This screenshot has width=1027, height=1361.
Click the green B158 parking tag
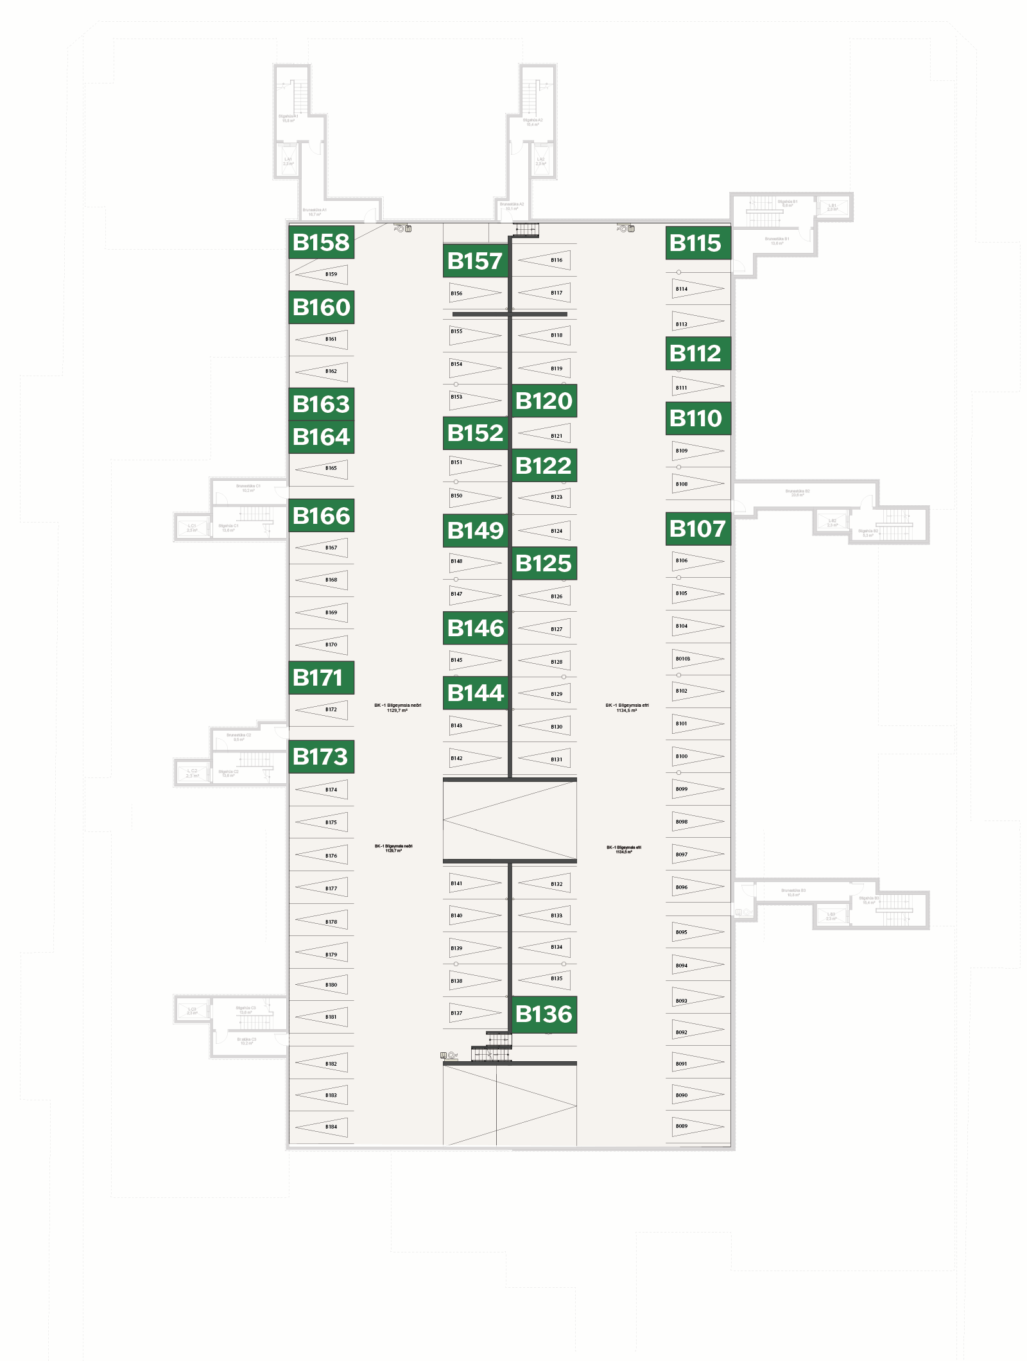tap(321, 243)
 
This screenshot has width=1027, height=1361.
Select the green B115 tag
tap(698, 243)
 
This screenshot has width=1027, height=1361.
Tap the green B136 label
tap(544, 1014)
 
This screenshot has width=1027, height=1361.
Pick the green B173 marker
tap(321, 757)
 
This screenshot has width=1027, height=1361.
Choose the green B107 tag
tap(698, 529)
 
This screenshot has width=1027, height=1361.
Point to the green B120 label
tap(544, 401)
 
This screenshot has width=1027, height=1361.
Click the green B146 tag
tap(476, 628)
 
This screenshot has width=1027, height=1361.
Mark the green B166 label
tap(321, 516)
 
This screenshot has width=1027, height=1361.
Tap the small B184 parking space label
tap(331, 1127)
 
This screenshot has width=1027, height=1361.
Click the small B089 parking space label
tap(682, 1126)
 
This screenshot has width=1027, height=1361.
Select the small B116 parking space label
tap(557, 260)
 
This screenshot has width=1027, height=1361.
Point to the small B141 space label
tap(456, 883)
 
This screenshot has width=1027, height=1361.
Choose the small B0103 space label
tap(683, 659)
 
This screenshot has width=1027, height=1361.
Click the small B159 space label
tap(331, 274)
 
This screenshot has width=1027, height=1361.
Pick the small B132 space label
tap(557, 884)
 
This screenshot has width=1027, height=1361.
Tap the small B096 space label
tap(682, 887)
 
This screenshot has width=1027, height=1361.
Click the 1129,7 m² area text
tap(397, 711)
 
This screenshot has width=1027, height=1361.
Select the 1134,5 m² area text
tap(626, 711)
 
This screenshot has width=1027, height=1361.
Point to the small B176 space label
tap(331, 856)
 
